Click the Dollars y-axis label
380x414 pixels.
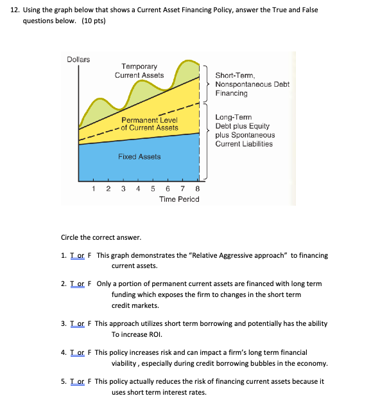(78, 59)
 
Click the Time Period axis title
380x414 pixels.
(179, 199)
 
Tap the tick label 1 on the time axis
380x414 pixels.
(93, 189)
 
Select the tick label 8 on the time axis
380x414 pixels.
(197, 189)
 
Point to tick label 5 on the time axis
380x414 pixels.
(153, 189)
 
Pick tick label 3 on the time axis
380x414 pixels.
(123, 189)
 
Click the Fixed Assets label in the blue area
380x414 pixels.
(139, 157)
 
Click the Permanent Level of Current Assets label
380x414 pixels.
(150, 123)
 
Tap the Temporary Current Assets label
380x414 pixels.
(139, 71)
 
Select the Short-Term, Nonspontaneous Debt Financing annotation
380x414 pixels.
(252, 84)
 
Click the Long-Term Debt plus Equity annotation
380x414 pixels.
(245, 130)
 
